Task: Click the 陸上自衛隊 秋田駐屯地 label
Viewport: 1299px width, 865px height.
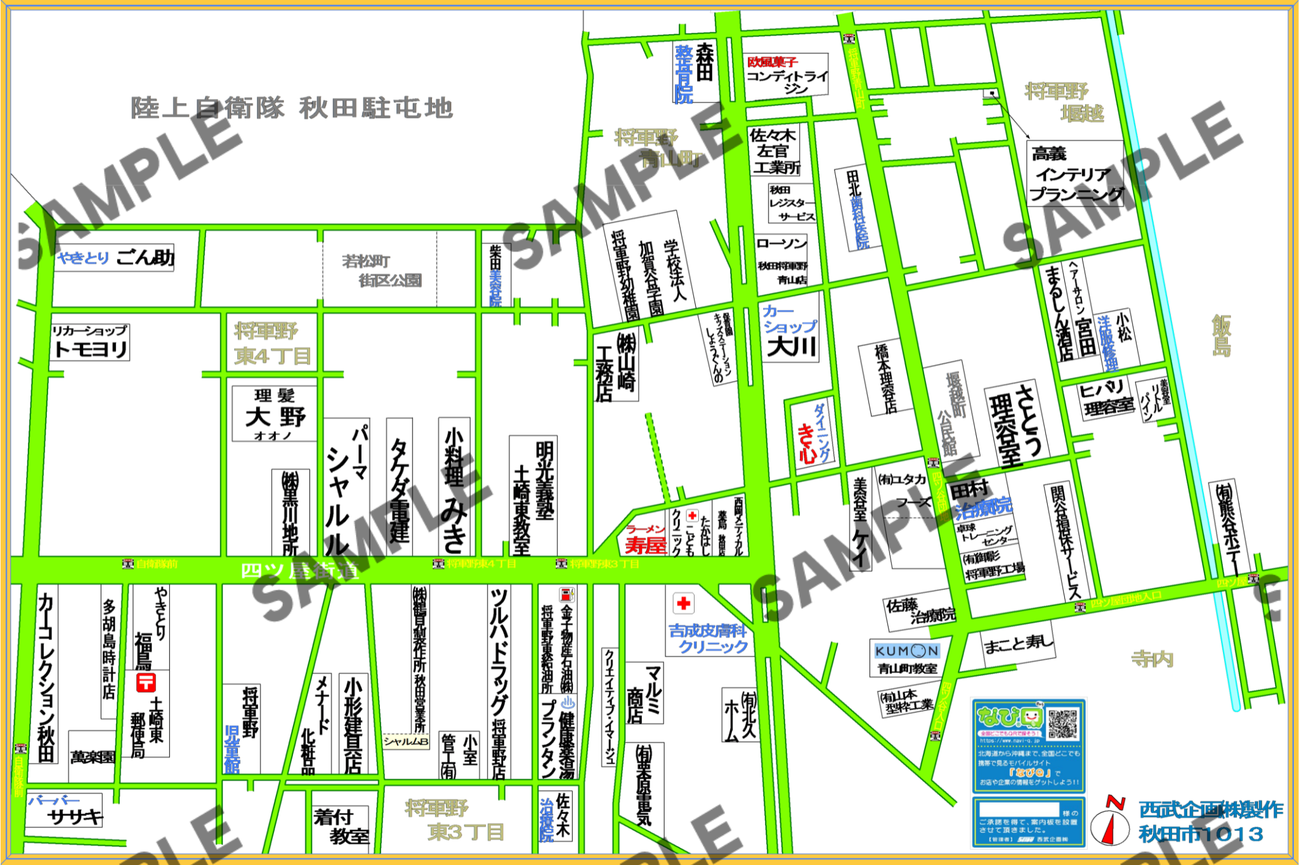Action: (x=292, y=108)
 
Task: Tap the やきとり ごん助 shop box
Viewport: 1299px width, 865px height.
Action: (x=115, y=257)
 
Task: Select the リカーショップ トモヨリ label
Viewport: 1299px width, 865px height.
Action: (x=91, y=342)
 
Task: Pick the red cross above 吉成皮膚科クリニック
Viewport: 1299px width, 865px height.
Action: (x=683, y=603)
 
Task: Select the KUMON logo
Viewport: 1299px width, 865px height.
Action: (x=906, y=651)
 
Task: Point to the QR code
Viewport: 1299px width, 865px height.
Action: (x=1062, y=724)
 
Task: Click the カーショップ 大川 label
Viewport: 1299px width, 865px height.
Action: (x=790, y=331)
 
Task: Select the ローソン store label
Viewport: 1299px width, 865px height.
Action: (x=781, y=244)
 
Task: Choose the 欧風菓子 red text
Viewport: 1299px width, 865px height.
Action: (x=772, y=62)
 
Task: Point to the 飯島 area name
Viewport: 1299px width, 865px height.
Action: (x=1222, y=336)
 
